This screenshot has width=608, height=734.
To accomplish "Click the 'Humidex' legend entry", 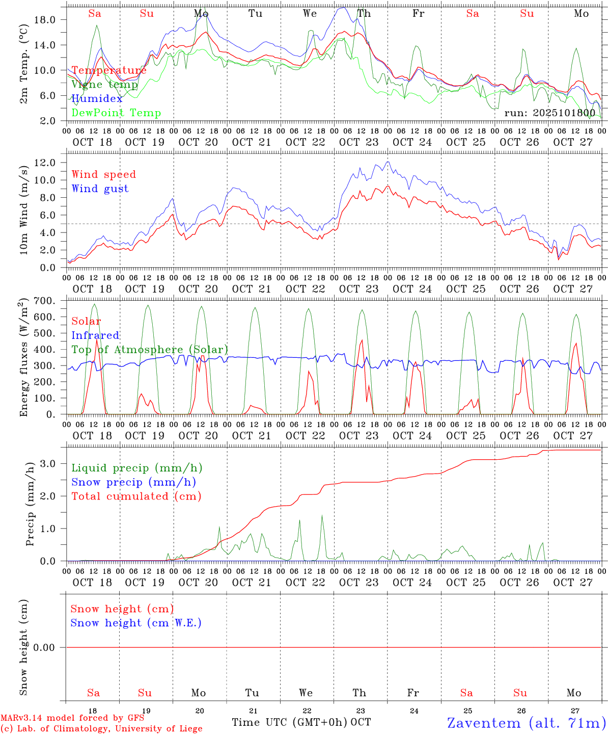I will (x=97, y=99).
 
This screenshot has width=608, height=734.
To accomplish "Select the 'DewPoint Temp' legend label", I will (x=116, y=113).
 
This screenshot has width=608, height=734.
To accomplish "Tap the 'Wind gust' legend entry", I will (x=100, y=189).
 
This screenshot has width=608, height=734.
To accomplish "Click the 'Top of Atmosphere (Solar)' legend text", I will (x=149, y=350).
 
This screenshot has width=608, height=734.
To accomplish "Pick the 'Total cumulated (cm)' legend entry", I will (x=136, y=496).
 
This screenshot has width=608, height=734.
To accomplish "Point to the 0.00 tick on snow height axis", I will (x=51, y=647).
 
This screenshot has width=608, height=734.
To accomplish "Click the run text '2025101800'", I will (x=549, y=113).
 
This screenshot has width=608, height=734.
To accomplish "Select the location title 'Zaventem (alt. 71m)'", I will (x=526, y=723).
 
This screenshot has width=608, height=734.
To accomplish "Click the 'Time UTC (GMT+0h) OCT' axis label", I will (x=301, y=722).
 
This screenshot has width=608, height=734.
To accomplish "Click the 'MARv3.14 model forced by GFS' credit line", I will (x=72, y=718).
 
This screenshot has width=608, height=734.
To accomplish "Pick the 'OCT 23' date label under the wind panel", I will (x=359, y=289).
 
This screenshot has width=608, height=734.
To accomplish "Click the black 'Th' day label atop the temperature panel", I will (x=364, y=14).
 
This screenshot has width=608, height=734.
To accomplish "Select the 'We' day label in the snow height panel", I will (x=306, y=693).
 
